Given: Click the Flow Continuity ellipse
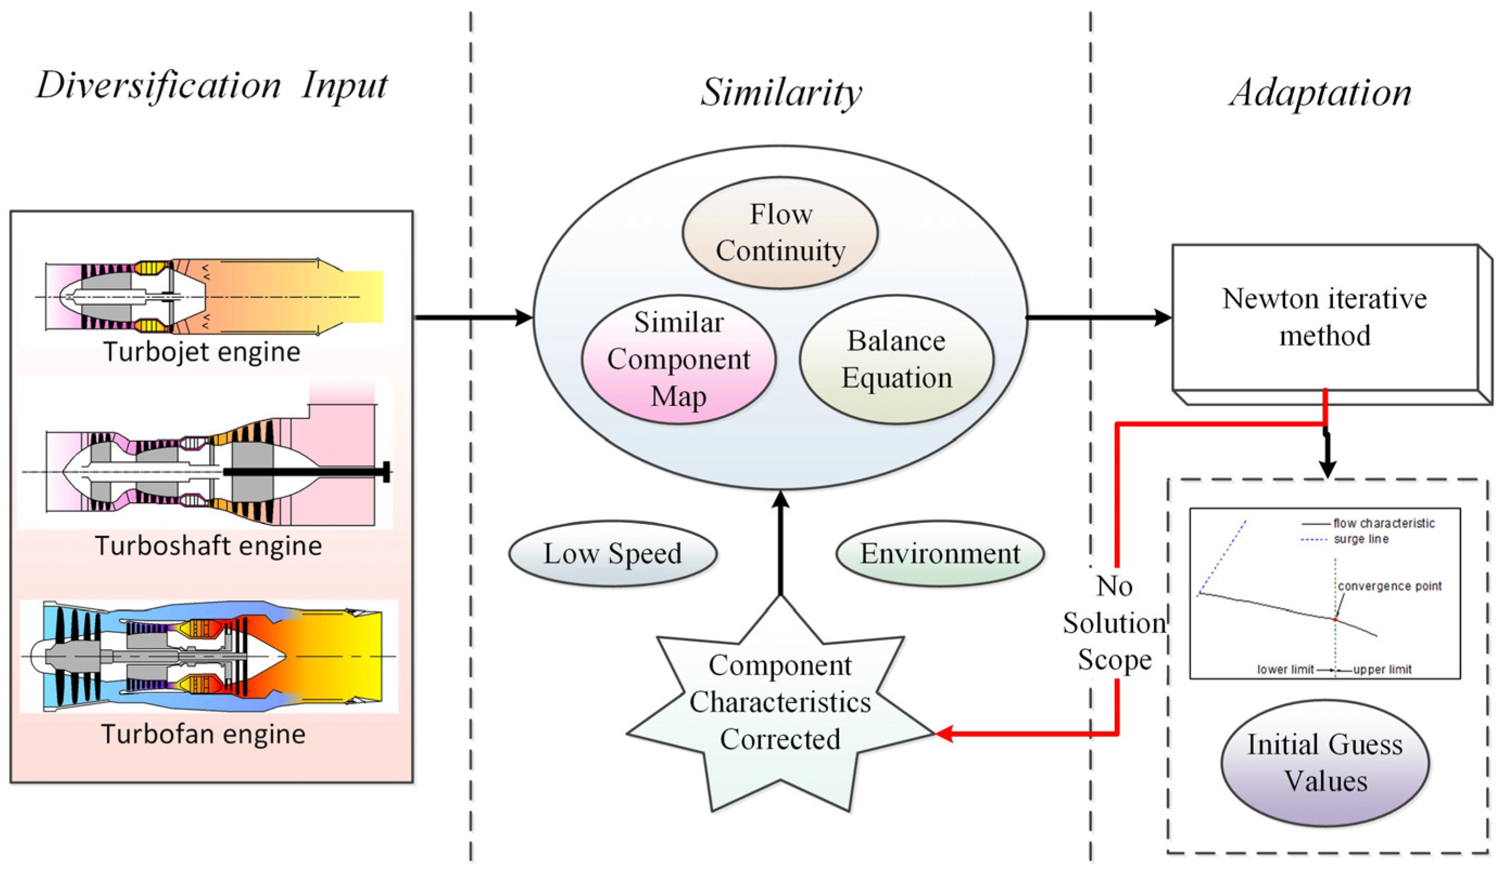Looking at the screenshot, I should pyautogui.click(x=780, y=232).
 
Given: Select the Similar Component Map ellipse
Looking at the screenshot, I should pyautogui.click(x=678, y=359).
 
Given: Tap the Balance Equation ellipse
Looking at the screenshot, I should pyautogui.click(x=897, y=359).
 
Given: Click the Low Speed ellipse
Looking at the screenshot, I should pyautogui.click(x=612, y=554).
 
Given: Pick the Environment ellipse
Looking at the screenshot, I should pyautogui.click(x=940, y=554).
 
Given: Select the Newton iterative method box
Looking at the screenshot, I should pyautogui.click(x=1324, y=318).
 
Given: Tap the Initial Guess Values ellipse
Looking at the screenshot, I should pyautogui.click(x=1325, y=763).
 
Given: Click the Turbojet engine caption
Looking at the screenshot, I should pyautogui.click(x=202, y=352).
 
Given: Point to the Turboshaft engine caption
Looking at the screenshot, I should pyautogui.click(x=208, y=545).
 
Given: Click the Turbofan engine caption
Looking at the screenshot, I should pyautogui.click(x=203, y=733).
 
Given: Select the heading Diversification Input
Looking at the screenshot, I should pyautogui.click(x=212, y=85).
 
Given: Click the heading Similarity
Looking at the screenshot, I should pyautogui.click(x=781, y=92).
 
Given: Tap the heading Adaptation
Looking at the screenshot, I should pyautogui.click(x=1321, y=92).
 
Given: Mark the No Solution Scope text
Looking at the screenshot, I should pyautogui.click(x=1114, y=623).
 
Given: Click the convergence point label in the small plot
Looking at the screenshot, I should pyautogui.click(x=1390, y=586).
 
